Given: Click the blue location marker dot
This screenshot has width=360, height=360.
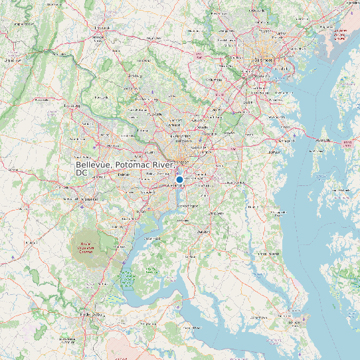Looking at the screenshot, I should click(179, 179).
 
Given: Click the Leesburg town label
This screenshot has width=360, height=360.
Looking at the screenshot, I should click(71, 106).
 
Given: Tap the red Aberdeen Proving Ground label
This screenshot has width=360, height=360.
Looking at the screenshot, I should click(340, 34).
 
